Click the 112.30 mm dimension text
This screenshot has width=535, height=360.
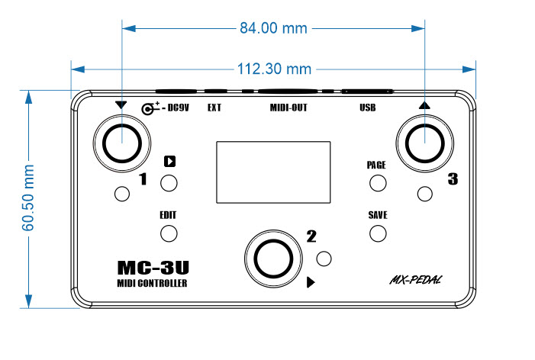pyautogui.click(x=273, y=69)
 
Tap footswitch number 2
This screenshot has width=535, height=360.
pyautogui.click(x=272, y=258)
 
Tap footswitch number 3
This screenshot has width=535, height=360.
pyautogui.click(x=425, y=140)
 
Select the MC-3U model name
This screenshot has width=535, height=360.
pyautogui.click(x=153, y=268)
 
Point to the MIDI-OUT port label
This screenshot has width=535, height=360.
pyautogui.click(x=288, y=108)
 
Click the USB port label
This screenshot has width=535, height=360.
pyautogui.click(x=368, y=108)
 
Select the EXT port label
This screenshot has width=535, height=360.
pyautogui.click(x=214, y=108)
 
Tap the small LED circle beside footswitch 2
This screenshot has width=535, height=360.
pyautogui.click(x=324, y=259)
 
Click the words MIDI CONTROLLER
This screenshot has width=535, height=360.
pyautogui.click(x=153, y=284)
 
